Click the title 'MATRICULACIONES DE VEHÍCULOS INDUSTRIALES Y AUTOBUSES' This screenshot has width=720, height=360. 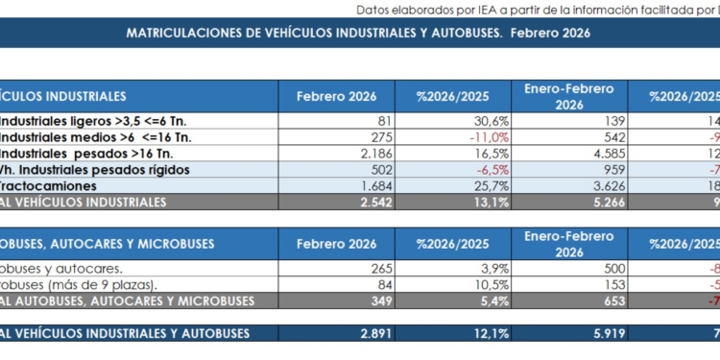358,33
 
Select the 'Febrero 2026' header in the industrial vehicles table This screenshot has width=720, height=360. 336,96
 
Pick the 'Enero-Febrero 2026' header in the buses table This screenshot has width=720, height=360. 568,244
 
